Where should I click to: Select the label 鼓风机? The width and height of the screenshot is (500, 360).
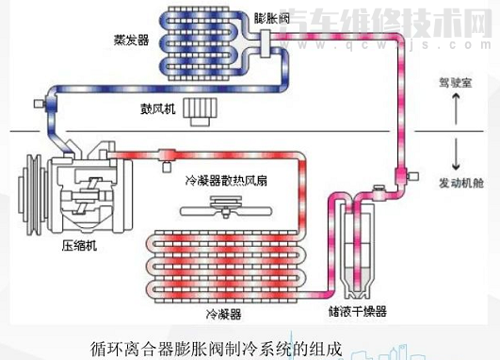(156, 108)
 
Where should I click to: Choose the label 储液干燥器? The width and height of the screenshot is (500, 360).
(358, 311)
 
